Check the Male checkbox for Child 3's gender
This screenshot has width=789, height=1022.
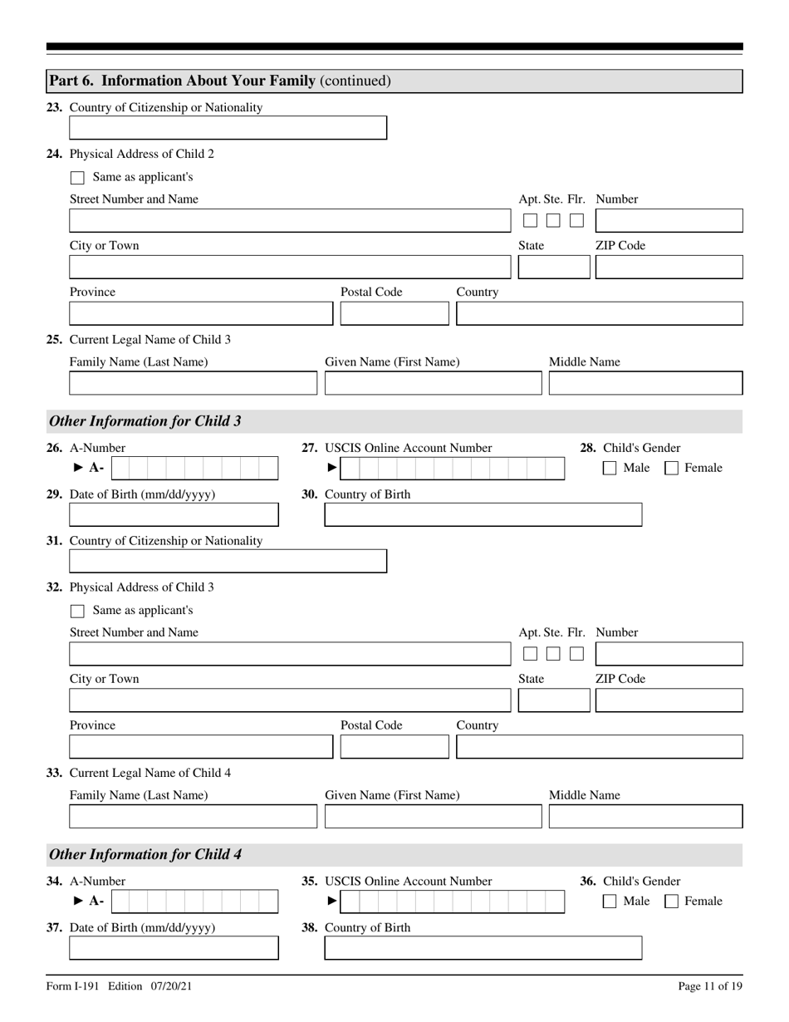coord(609,468)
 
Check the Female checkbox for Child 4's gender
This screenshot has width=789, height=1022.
coord(674,901)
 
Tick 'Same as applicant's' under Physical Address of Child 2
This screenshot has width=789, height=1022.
coord(77,177)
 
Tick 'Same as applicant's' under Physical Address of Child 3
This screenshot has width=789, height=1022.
coord(77,611)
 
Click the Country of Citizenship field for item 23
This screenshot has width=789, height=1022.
coord(228,128)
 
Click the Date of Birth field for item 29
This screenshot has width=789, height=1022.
coord(174,515)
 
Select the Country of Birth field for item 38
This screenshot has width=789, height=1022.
coord(483,948)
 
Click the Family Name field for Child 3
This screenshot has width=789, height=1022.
coord(193,383)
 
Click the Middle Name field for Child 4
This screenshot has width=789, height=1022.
coord(645,817)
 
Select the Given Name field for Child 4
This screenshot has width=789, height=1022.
coord(432,817)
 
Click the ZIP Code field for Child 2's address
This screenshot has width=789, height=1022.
coord(669,268)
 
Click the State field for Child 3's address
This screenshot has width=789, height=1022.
coord(553,700)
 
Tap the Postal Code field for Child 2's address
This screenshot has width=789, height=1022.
coord(394,313)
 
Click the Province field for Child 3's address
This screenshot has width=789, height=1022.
coord(200,747)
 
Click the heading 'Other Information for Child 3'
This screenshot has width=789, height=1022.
coord(145,421)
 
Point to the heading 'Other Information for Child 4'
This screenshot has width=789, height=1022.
coord(145,854)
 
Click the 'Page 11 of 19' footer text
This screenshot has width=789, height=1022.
coord(710,986)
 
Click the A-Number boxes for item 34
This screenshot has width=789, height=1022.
coord(194,902)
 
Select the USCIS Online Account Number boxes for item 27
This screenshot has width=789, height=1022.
coord(452,469)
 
